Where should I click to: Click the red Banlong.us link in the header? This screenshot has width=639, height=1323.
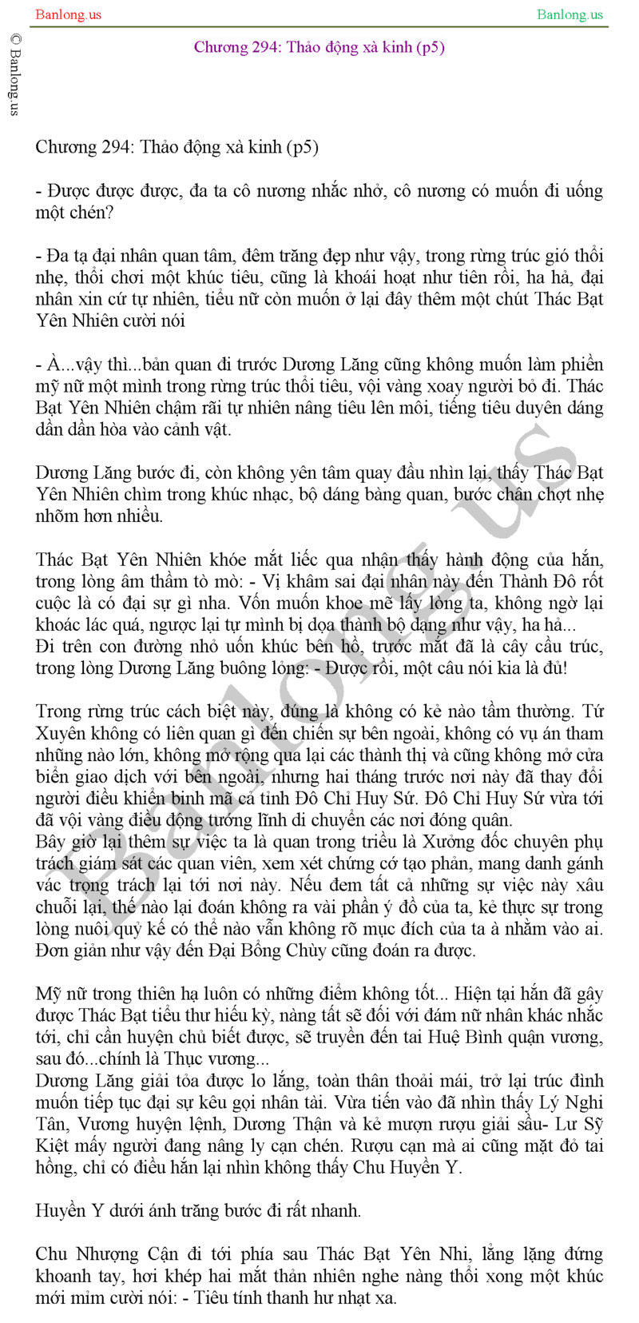point(68,14)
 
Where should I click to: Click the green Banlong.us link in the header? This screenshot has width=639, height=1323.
point(570,14)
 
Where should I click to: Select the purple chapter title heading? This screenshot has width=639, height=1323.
point(319,47)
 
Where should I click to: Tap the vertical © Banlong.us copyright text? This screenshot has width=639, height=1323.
point(14,74)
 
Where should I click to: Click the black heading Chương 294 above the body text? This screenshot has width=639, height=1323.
point(177,147)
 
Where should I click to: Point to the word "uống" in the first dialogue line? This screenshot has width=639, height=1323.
point(582,191)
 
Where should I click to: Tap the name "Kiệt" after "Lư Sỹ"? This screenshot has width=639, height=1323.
point(54,1146)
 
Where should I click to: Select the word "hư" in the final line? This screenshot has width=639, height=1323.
point(316,1298)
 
